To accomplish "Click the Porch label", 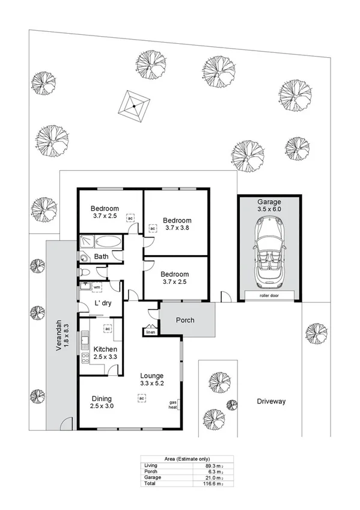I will click(185, 320).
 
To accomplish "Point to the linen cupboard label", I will click(150, 331).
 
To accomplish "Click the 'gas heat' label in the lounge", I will click(172, 404).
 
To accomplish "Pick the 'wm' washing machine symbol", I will click(96, 288).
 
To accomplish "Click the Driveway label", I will click(270, 401).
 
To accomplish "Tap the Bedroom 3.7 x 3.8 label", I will click(177, 224).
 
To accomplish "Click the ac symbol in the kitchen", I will click(108, 329).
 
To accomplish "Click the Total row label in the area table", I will click(150, 483).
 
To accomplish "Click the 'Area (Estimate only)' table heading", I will click(179, 459).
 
